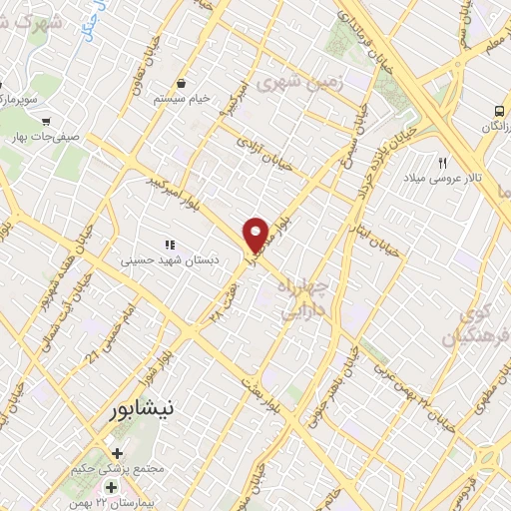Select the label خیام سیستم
pos(182,100)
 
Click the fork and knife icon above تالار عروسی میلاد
pos(442,161)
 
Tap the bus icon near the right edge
pos(499,111)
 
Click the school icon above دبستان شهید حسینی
pos(169,244)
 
